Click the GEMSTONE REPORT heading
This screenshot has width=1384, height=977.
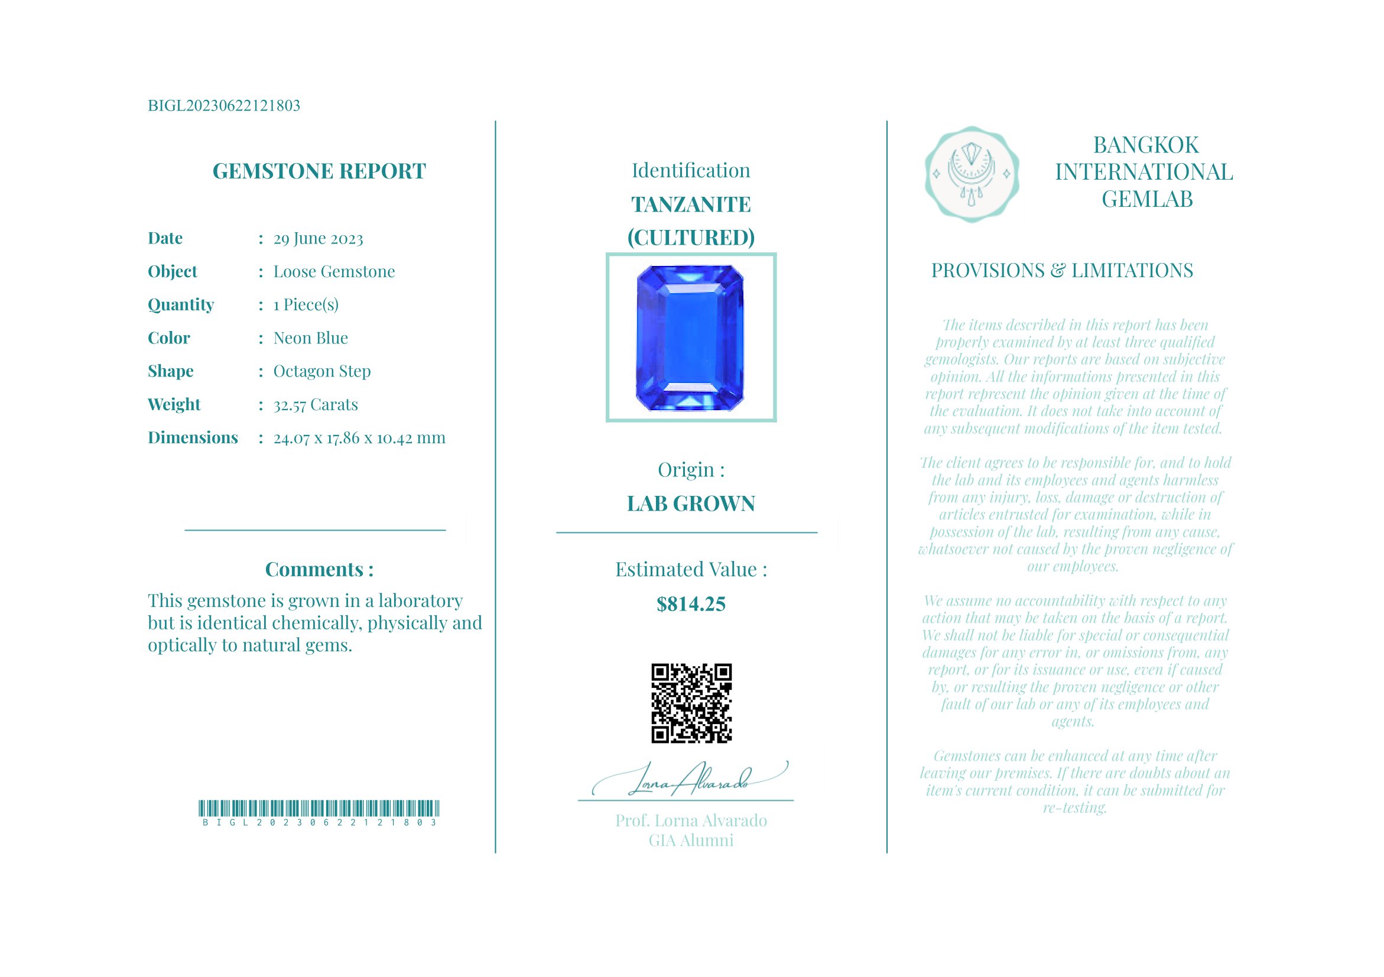pyautogui.click(x=319, y=171)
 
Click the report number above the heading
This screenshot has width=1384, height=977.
pyautogui.click(x=223, y=105)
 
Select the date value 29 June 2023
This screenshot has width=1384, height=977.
pyautogui.click(x=319, y=239)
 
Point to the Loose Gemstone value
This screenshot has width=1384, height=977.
pyautogui.click(x=334, y=272)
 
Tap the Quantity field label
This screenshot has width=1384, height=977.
pyautogui.click(x=181, y=305)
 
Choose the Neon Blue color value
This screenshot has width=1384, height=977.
pyautogui.click(x=310, y=338)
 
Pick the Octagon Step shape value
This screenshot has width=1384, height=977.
pyautogui.click(x=322, y=371)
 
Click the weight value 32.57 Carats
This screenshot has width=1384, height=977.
pyautogui.click(x=315, y=404)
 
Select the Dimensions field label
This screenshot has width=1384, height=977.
pyautogui.click(x=193, y=437)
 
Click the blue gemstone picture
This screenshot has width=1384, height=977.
pyautogui.click(x=690, y=337)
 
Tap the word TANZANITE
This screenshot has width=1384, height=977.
pyautogui.click(x=691, y=205)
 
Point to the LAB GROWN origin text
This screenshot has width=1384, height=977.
pyautogui.click(x=691, y=504)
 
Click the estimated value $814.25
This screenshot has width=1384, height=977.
pyautogui.click(x=691, y=604)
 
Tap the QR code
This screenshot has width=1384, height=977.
pyautogui.click(x=691, y=703)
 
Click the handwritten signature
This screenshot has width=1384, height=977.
pyautogui.click(x=690, y=780)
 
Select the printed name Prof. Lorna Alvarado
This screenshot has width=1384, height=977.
pyautogui.click(x=691, y=821)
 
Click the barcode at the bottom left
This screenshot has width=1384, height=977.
pyautogui.click(x=319, y=809)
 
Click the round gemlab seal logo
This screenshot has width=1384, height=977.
pyautogui.click(x=972, y=174)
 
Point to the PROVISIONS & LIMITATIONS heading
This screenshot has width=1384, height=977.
pyautogui.click(x=1061, y=271)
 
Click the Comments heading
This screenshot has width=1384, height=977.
pyautogui.click(x=319, y=570)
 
